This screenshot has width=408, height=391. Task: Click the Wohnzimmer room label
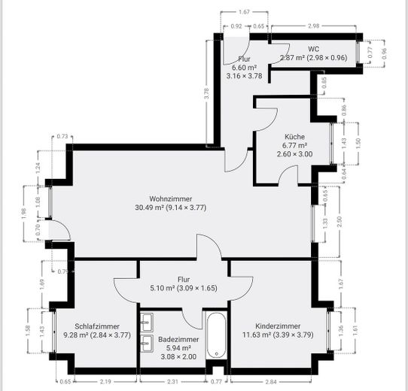[171, 199]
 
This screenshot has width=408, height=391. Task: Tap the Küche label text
[294, 137]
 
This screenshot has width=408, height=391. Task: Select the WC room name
[314, 49]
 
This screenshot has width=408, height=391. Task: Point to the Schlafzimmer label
[97, 326]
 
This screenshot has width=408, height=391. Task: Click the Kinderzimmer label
[278, 326]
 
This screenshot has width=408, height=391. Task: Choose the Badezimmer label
[178, 339]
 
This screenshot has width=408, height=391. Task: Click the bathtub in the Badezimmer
[216, 335]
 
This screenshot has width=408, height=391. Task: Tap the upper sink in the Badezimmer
[147, 323]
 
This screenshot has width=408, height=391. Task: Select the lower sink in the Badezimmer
[147, 343]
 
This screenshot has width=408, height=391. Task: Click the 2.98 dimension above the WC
[313, 26]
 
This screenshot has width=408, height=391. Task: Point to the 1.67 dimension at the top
[244, 12]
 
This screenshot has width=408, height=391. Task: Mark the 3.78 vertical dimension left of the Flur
[206, 93]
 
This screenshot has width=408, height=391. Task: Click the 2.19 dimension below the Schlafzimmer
[105, 382]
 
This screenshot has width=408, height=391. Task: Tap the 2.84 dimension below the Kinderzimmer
[271, 382]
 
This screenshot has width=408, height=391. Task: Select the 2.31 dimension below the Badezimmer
[172, 382]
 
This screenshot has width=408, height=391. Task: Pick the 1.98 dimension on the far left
[24, 214]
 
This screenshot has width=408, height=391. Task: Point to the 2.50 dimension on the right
[339, 222]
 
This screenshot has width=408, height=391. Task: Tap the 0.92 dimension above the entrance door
[236, 26]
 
